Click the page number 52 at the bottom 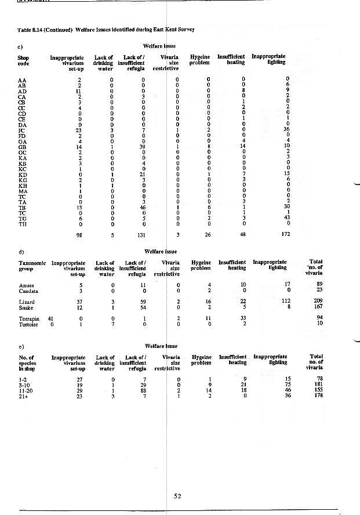[179, 494]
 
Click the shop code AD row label [21, 91]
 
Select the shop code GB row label [21, 146]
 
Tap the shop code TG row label [21, 217]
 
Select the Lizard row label [26, 302]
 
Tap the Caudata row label [27, 290]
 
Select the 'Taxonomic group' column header [32, 265]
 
